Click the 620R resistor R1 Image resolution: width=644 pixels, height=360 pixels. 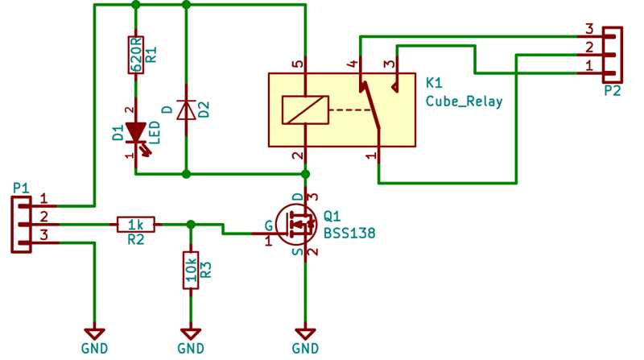(x=135, y=55)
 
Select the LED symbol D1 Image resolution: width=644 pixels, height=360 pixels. (x=135, y=130)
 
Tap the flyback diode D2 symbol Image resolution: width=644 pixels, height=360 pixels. (x=186, y=109)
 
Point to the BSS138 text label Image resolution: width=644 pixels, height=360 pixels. (x=349, y=233)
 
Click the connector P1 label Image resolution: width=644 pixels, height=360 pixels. (x=21, y=188)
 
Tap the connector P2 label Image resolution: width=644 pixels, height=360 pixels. (x=612, y=91)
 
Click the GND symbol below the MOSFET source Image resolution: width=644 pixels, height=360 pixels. (x=304, y=333)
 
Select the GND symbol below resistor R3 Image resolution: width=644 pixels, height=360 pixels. (x=191, y=333)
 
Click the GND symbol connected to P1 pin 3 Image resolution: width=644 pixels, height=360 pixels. (x=95, y=333)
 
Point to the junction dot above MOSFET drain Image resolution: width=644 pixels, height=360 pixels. (x=304, y=173)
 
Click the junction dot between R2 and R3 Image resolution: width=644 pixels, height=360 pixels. (x=191, y=224)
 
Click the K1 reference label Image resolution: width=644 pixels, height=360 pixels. (x=433, y=83)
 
